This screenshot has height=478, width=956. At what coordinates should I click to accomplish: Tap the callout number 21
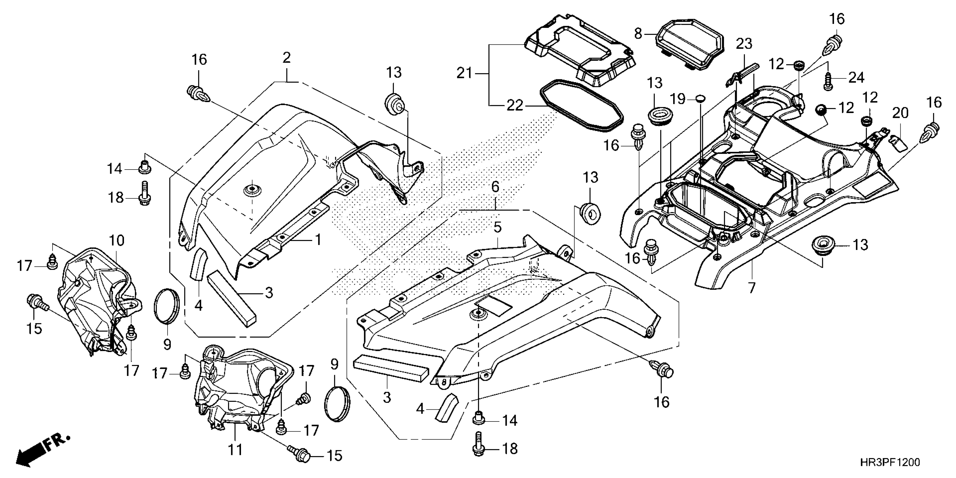point(464,73)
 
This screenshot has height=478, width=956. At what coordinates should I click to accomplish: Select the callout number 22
point(515,106)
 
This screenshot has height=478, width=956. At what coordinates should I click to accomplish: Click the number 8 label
point(638,34)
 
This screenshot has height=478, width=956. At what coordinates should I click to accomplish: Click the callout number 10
point(116,240)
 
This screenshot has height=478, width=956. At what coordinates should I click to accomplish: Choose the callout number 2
point(286,58)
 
